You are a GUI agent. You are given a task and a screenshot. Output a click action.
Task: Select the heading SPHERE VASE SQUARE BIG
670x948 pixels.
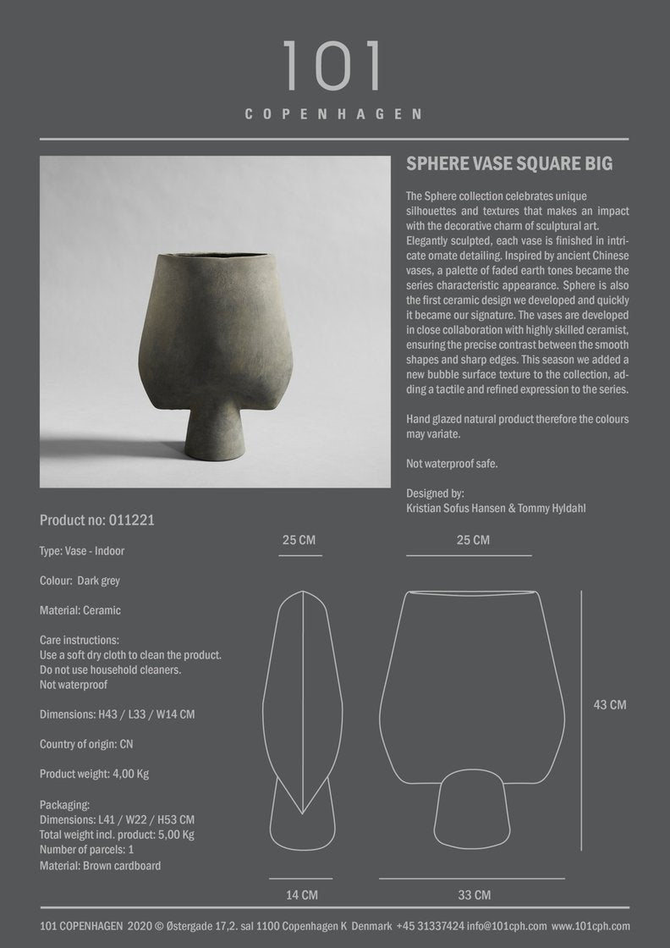[x=509, y=163]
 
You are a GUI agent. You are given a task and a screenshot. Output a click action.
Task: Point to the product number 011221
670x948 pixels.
[x=96, y=521]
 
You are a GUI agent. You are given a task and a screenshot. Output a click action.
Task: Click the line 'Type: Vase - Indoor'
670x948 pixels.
[x=82, y=551]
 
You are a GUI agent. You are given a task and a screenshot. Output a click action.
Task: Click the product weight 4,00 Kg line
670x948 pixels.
[x=95, y=774]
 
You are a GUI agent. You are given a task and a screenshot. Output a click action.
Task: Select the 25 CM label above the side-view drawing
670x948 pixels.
[x=299, y=539]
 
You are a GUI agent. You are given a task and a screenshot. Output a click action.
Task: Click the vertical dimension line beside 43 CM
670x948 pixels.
[x=580, y=719]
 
